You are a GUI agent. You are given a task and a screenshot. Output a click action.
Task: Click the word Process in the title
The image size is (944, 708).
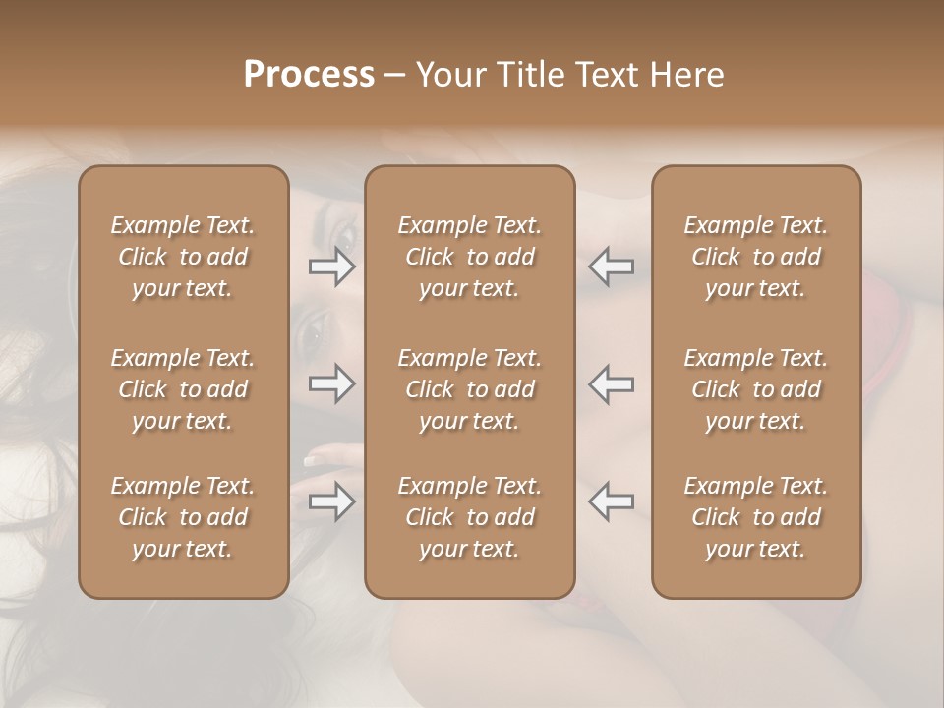(309, 75)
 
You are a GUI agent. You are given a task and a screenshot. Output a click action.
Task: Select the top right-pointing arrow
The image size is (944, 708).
(332, 265)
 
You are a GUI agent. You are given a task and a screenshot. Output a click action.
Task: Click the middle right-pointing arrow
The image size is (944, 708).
(332, 383)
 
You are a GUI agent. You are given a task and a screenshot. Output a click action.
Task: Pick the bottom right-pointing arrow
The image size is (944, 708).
(332, 502)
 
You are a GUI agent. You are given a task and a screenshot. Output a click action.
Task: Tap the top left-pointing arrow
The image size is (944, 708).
(612, 265)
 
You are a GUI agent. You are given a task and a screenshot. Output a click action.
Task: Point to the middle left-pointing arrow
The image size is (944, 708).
(612, 383)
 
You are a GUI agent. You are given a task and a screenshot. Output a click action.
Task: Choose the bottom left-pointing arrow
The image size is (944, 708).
(612, 502)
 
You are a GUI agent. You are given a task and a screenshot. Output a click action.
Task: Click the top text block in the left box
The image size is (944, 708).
(183, 257)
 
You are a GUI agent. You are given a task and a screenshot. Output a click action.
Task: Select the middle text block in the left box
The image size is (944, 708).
(183, 389)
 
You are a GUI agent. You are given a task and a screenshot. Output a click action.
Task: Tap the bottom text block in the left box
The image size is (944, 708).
(183, 517)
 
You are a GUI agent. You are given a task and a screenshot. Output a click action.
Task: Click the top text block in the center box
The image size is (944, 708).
(469, 257)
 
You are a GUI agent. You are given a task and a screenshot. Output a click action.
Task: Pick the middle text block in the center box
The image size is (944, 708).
(469, 389)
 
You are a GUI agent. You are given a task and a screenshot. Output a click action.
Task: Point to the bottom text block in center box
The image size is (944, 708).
(469, 517)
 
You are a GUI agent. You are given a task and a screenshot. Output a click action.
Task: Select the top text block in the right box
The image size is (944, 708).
(755, 257)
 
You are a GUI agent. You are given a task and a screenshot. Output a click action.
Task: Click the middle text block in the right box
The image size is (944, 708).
(755, 389)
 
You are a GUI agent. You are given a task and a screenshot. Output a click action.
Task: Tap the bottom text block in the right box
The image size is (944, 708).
(755, 517)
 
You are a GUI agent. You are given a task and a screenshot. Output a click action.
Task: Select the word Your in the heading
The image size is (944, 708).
(448, 75)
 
